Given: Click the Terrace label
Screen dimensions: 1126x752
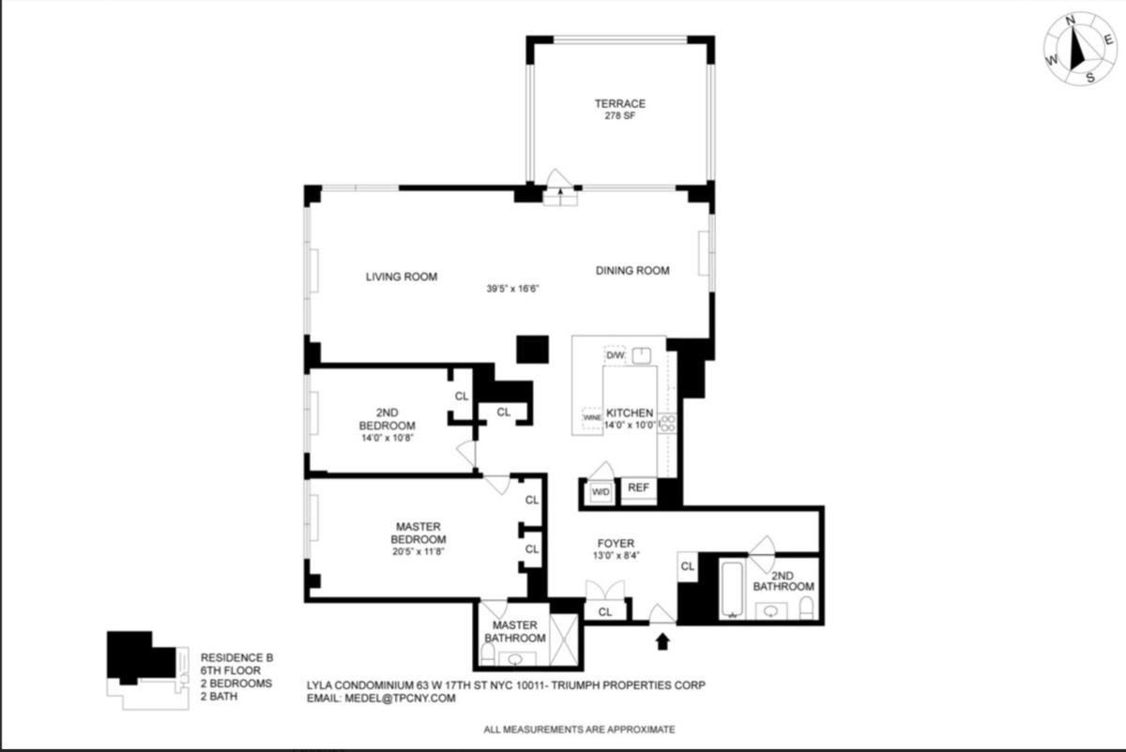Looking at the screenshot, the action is tap(619, 103).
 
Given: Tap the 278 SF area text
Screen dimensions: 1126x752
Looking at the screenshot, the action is tap(619, 116).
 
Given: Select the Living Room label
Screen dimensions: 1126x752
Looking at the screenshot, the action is tap(402, 277).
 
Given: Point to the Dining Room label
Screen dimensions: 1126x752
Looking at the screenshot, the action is tap(632, 271).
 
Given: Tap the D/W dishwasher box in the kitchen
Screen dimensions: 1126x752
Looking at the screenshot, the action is tap(615, 356).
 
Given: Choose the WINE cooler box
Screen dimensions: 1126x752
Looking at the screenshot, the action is tap(591, 416).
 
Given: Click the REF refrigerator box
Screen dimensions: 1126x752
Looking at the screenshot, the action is tap(638, 488).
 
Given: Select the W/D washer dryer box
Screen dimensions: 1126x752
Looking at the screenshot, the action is tap(600, 490).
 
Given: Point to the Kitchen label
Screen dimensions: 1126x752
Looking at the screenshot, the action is tap(630, 414).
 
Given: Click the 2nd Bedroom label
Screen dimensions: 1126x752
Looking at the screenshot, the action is tap(388, 418).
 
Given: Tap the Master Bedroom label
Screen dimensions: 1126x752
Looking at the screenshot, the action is tap(418, 533).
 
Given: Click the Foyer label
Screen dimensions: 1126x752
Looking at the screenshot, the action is tap(616, 544).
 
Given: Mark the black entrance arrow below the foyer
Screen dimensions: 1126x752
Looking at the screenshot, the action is tap(663, 641).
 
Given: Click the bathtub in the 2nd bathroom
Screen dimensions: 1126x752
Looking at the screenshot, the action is tap(732, 588).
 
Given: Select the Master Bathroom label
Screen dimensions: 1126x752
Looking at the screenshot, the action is tap(512, 631).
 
